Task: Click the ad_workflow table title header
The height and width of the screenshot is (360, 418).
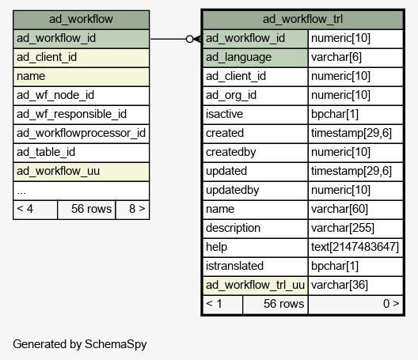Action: click(81, 20)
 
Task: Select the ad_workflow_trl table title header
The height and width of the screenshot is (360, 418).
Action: click(303, 20)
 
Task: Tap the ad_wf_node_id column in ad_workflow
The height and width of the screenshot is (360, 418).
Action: click(81, 96)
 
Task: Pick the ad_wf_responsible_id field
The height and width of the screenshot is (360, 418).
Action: click(81, 115)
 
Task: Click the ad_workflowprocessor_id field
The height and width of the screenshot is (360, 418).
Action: click(81, 134)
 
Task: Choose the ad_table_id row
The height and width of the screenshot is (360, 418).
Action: click(81, 153)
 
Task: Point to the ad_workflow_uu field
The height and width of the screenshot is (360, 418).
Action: click(81, 172)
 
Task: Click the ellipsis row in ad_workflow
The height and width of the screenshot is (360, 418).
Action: click(81, 191)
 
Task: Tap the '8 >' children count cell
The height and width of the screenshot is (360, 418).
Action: click(132, 210)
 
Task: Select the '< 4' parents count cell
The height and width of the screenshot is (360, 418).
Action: click(35, 210)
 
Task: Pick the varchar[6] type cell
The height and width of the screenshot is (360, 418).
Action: click(355, 58)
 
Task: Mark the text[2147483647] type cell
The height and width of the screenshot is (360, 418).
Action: click(355, 248)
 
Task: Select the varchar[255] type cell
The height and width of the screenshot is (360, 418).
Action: click(355, 229)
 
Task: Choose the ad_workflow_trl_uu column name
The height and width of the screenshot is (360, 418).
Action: click(255, 286)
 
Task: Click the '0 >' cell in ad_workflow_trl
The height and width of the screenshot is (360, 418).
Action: click(355, 305)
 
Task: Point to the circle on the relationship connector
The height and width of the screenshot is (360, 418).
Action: click(189, 40)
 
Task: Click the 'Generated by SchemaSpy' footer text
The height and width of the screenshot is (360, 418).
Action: click(80, 344)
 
